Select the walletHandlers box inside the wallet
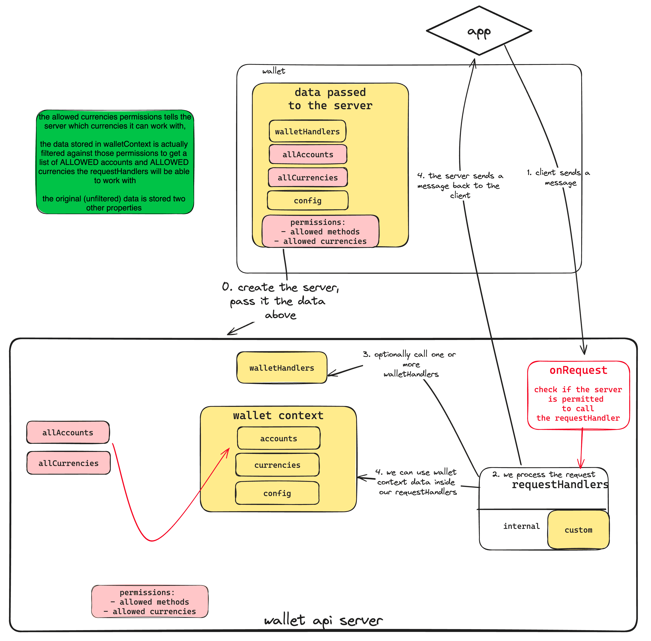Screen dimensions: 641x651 click(307, 131)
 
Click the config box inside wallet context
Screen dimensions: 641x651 click(277, 493)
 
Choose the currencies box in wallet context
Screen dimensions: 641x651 click(277, 465)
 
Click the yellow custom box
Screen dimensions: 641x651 click(578, 530)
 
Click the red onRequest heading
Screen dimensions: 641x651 click(578, 370)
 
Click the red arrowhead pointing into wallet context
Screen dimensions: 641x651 click(228, 451)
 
